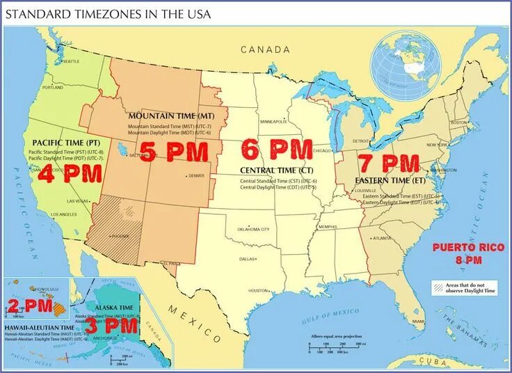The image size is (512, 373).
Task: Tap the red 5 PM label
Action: (x=174, y=151)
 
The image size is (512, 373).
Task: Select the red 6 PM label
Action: (x=276, y=149)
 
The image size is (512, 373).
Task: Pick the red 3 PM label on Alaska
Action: (x=111, y=326)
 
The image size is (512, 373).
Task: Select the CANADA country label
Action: (x=265, y=49)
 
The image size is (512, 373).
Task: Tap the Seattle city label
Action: (x=71, y=62)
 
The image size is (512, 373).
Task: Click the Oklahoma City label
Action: (x=254, y=229)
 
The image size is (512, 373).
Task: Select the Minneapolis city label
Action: (x=273, y=122)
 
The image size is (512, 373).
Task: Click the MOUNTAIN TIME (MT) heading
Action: (x=171, y=114)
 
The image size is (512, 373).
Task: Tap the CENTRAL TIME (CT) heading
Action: (x=276, y=170)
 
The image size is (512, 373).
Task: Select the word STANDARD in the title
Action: (x=39, y=14)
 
